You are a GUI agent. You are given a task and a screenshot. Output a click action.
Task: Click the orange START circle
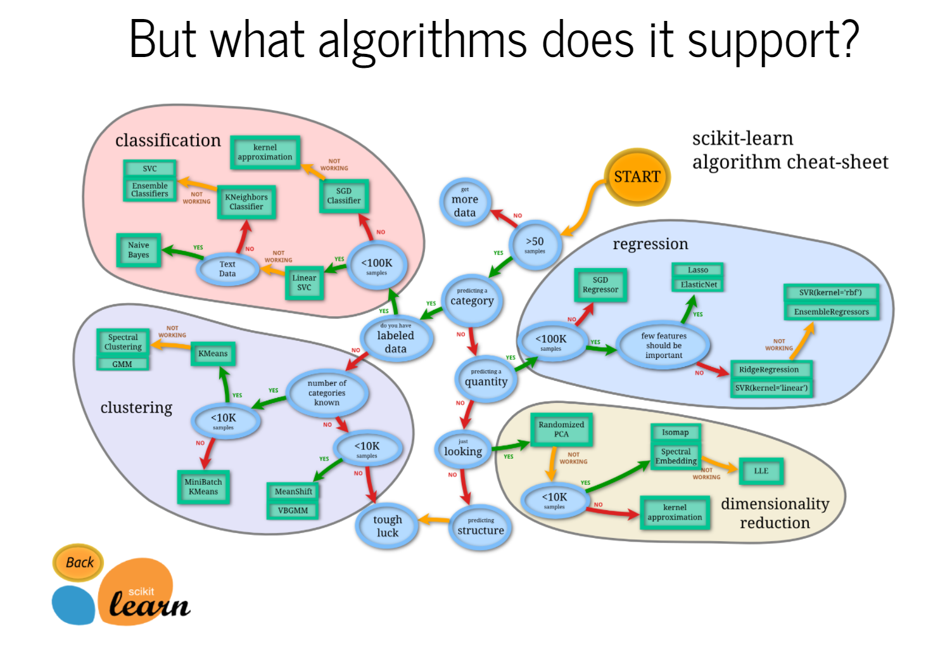[x=637, y=177]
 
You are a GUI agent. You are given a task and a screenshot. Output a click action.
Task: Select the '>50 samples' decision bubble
[x=535, y=245]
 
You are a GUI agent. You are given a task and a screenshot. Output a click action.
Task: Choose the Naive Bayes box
[x=139, y=250]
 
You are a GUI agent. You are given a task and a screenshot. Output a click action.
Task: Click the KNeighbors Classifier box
[x=246, y=202]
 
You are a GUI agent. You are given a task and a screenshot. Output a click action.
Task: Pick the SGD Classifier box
[x=343, y=196]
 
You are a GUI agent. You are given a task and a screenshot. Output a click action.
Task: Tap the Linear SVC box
[x=304, y=283]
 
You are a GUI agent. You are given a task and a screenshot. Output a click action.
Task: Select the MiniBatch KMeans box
[x=203, y=487]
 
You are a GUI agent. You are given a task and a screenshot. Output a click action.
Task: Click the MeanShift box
[x=293, y=491]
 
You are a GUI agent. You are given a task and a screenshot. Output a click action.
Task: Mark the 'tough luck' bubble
[x=388, y=526]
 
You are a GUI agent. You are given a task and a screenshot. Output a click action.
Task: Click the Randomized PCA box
[x=561, y=430]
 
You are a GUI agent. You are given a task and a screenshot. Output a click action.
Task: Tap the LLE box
[x=761, y=471]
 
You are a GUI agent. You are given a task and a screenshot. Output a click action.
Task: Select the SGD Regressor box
[x=600, y=285]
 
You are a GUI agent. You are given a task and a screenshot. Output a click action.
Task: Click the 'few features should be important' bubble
[x=664, y=345]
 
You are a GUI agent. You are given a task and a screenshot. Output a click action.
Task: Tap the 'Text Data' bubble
[x=227, y=269]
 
